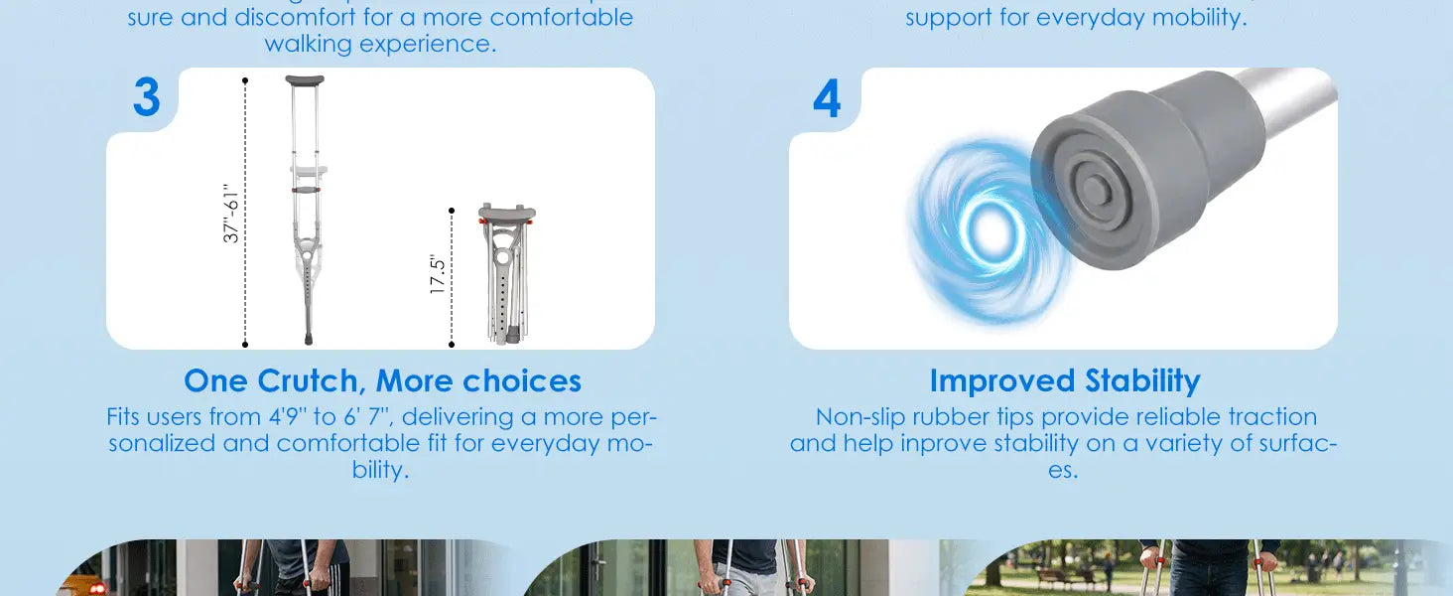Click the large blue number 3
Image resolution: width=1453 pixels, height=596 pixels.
tap(147, 96)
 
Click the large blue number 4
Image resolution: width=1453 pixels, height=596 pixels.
tap(827, 98)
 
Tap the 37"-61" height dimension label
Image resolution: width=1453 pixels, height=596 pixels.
tap(231, 213)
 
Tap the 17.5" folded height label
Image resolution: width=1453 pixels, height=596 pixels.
tap(438, 274)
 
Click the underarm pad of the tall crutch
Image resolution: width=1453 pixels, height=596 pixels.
tap(305, 80)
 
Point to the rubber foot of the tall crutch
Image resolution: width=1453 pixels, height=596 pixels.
tap(309, 339)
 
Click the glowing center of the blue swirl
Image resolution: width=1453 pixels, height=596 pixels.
tap(991, 229)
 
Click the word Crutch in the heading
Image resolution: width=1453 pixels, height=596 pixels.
tap(307, 381)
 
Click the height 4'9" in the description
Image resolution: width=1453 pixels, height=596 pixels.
tap(288, 416)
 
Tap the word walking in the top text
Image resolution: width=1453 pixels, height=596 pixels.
tap(308, 44)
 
